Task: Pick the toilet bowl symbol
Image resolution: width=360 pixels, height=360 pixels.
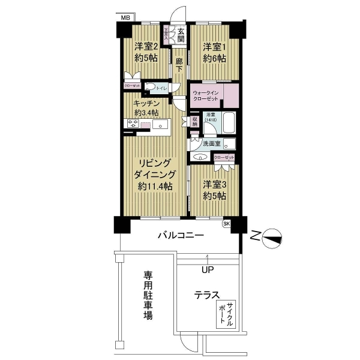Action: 151,88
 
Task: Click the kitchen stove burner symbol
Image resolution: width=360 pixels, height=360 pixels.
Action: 133,124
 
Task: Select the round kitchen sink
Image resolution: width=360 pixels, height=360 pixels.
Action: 160,125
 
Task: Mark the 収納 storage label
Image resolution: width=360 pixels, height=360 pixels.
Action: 194,120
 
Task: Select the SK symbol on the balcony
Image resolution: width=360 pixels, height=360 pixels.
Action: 226,224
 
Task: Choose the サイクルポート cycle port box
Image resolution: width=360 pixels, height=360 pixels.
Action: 226,314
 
